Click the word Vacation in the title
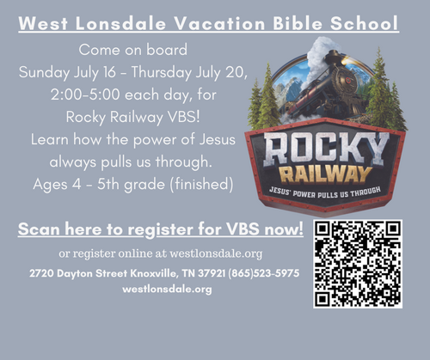point(219,23)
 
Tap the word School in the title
point(364,23)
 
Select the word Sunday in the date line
point(44,72)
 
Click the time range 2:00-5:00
point(85,95)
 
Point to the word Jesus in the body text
point(217,139)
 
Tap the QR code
point(358,264)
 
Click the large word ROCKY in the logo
point(326,149)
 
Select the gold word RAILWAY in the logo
point(325,174)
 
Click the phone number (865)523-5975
point(264,273)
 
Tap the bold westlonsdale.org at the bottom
point(167,289)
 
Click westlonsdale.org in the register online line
point(216,253)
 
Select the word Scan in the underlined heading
point(39,229)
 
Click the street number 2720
point(41,273)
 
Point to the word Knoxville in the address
point(155,273)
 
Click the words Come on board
point(133,50)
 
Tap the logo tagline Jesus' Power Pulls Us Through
point(325,192)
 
